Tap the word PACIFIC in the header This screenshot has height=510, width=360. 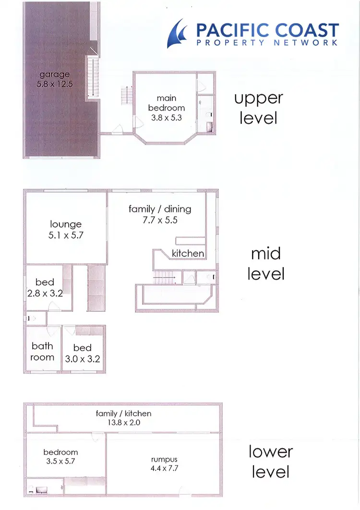(x=232, y=31)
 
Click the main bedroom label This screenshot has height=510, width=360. (x=167, y=103)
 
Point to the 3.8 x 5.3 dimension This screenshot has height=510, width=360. (x=167, y=118)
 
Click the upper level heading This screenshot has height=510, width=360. (x=258, y=108)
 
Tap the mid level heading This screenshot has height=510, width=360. (x=266, y=264)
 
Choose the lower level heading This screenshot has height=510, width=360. (x=270, y=461)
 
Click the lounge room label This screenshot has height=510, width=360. (x=66, y=224)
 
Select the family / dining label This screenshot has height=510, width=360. (x=160, y=209)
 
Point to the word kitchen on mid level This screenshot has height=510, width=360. (x=188, y=253)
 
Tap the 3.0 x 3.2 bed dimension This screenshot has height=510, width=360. (x=83, y=359)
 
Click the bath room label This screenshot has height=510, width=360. (x=42, y=352)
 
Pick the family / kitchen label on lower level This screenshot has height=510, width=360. (x=123, y=413)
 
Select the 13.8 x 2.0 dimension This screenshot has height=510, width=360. (x=123, y=423)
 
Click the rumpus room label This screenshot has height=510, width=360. (x=164, y=459)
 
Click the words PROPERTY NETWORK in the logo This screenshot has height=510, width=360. (x=267, y=42)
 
